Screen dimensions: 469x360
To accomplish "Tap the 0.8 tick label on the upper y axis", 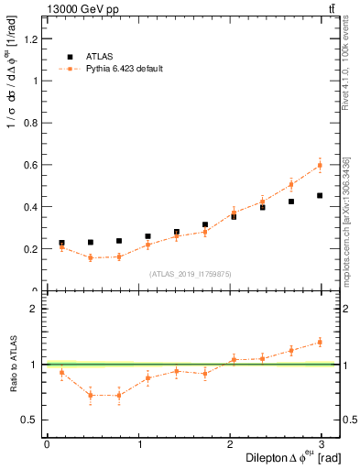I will (34, 123).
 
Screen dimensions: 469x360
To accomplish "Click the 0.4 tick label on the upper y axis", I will (34, 207).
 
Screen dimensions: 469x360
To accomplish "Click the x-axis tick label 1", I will (140, 444).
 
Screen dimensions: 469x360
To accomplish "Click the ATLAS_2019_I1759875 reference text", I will (191, 273).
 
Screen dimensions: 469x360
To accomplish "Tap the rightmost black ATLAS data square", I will (320, 195).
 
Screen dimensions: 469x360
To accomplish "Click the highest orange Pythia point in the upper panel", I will (320, 166).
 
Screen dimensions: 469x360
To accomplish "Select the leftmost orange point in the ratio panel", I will (61, 372).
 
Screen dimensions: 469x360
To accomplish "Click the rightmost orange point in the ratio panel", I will (320, 342).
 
